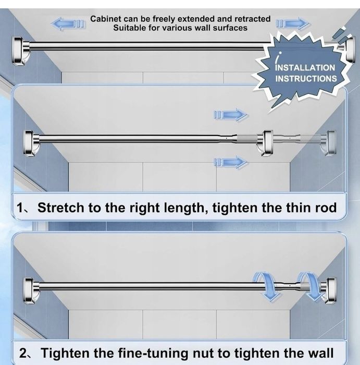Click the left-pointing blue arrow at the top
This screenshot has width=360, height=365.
click(67, 23)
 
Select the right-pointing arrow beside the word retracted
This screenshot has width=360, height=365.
click(293, 23)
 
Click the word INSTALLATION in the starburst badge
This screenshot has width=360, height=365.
click(305, 68)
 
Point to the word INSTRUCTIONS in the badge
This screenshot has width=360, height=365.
click(306, 79)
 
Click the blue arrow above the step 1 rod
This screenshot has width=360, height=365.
click(231, 115)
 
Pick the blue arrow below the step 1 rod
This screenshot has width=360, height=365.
click(231, 162)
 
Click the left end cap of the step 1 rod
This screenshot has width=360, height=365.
click(31, 142)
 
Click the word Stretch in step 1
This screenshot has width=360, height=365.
click(61, 208)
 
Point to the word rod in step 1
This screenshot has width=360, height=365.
click(326, 208)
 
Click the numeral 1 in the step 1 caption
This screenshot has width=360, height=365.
click(20, 208)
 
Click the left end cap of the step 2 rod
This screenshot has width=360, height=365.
click(31, 290)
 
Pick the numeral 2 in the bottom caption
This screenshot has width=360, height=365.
click(23, 353)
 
